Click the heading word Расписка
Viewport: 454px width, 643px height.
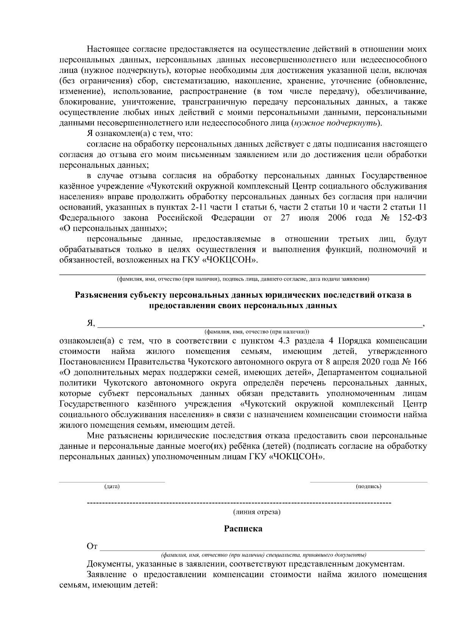243,528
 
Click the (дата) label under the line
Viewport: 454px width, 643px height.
112,487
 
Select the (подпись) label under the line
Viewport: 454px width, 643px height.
368,487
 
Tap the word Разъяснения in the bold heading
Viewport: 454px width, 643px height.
100,295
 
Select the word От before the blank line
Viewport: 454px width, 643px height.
92,546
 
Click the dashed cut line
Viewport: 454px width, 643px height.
239,503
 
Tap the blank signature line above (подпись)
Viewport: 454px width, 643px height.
368,482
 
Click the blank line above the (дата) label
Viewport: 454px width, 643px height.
112,482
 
